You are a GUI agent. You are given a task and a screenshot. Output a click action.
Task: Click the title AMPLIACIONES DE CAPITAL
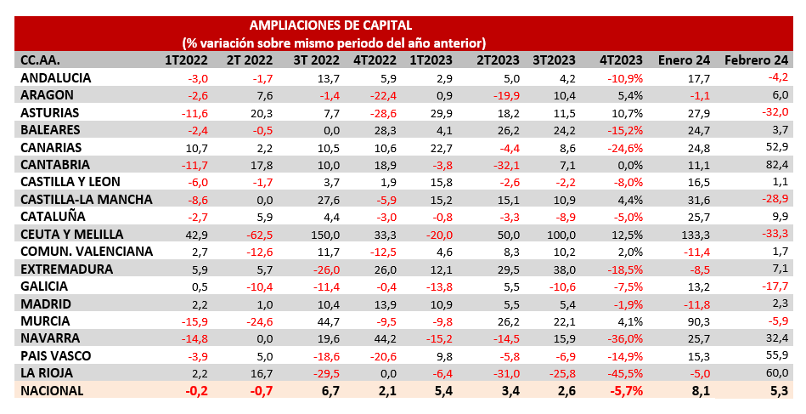tap(331, 25)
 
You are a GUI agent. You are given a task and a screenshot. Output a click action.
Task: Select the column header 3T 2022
tap(316, 60)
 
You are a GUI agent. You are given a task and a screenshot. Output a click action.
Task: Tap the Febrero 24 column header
tap(756, 60)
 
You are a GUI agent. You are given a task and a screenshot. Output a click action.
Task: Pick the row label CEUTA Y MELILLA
tap(72, 234)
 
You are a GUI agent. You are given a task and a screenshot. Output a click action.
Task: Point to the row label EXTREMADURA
tap(66, 269)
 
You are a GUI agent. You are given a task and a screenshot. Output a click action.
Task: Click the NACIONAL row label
tap(52, 390)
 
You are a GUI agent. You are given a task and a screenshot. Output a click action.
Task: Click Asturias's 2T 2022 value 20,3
tap(259, 112)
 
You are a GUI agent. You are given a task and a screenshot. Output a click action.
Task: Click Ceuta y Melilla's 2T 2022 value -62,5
tap(257, 234)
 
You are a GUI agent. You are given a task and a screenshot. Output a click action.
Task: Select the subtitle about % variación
tap(333, 42)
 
